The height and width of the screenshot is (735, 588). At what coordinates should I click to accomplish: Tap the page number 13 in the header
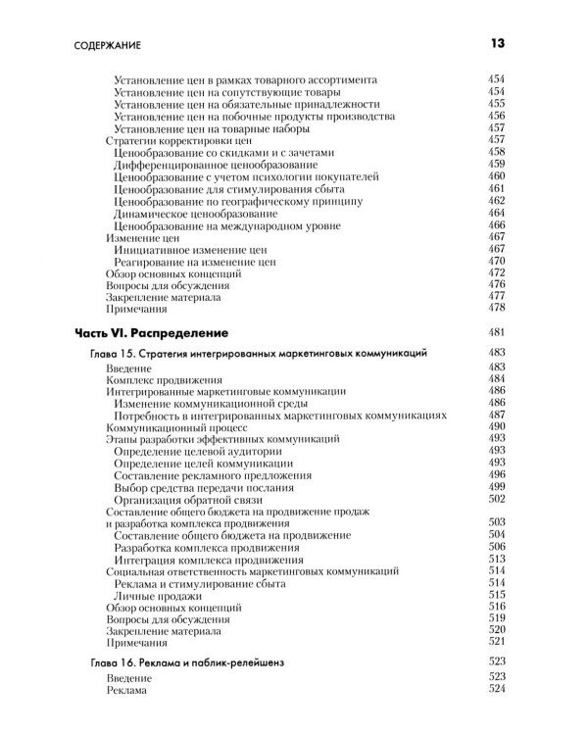coord(495,43)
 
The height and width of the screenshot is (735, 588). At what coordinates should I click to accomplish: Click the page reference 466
coord(496,225)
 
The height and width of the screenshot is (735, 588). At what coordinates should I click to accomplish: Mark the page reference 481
coord(496,332)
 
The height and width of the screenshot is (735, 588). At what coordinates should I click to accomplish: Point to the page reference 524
coord(496,690)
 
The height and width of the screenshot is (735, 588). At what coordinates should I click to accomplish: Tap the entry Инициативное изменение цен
coord(190,250)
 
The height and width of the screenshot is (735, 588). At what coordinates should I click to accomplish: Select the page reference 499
coord(496,487)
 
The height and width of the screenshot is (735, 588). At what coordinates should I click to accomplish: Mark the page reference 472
coord(496,273)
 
